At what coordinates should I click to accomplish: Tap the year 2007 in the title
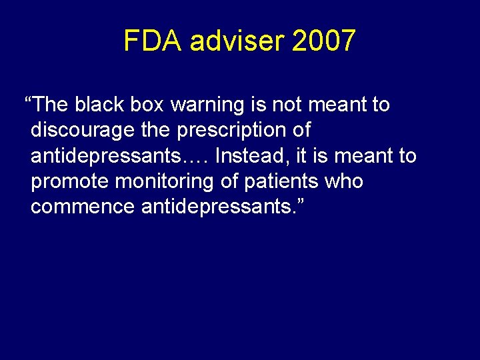point(324,41)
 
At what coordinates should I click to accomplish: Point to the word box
point(145,105)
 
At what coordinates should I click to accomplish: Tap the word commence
point(82,207)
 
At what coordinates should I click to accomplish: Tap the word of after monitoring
point(229,181)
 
